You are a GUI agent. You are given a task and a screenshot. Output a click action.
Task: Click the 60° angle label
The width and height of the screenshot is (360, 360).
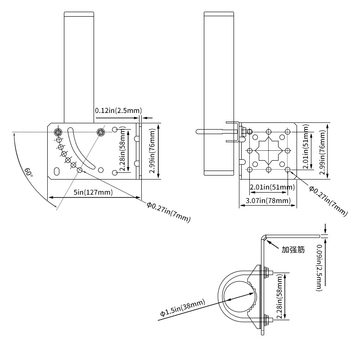click(28, 172)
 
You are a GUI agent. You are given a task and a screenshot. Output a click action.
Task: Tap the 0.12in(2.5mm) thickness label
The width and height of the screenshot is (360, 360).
click(118, 110)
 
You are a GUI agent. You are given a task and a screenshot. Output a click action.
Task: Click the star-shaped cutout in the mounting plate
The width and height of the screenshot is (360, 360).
click(269, 150)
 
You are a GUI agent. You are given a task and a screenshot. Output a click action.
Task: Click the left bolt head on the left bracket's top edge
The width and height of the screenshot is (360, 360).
click(58, 132)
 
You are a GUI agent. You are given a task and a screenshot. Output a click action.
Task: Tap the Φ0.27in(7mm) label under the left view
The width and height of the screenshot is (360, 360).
click(169, 212)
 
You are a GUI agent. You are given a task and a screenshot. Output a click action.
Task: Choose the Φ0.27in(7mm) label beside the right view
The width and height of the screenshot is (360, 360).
click(328, 200)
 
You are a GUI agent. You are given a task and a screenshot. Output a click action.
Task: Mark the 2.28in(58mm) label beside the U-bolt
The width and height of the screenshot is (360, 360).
click(280, 297)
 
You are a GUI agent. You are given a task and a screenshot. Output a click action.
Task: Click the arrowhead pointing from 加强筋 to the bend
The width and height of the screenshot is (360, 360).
click(268, 241)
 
